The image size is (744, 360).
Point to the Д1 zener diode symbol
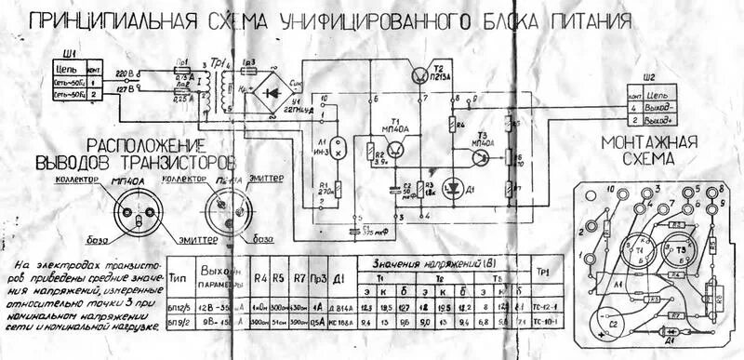453,185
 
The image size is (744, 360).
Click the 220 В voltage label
125,72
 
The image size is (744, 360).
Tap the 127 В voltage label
125,88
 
